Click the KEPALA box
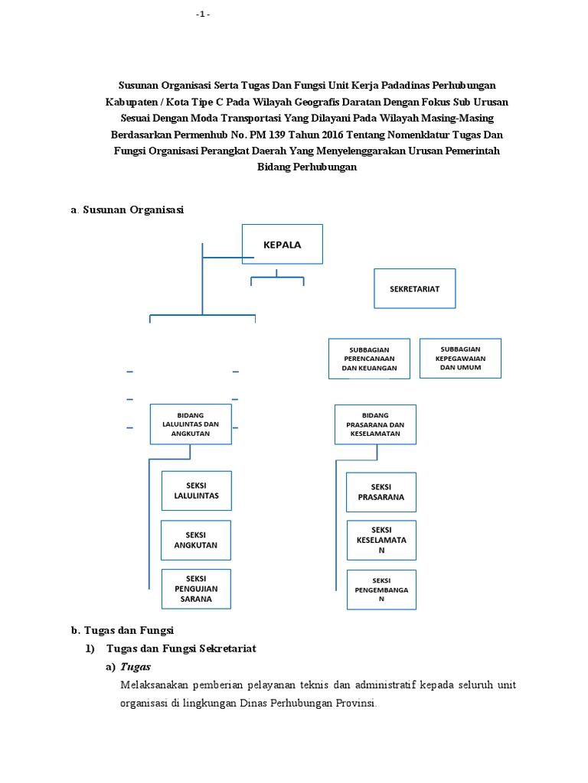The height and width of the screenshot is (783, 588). click(283, 245)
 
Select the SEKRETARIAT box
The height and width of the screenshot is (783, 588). click(414, 289)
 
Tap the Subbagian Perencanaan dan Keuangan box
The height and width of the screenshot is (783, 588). click(369, 359)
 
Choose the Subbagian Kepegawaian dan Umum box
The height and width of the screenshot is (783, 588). click(460, 358)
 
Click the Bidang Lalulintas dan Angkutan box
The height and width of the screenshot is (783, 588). click(191, 424)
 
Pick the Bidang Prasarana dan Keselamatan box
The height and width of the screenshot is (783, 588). click(375, 424)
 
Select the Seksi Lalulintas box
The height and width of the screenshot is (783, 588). click(196, 491)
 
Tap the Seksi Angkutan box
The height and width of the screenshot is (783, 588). click(196, 540)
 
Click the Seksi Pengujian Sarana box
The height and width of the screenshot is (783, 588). click(196, 589)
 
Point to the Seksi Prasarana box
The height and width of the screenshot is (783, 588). click(381, 492)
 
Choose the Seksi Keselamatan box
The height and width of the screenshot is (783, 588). click(381, 540)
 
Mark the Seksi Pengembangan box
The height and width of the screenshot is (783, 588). click(381, 590)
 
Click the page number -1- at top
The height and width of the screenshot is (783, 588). click(202, 15)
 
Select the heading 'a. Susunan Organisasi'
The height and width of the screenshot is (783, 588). click(127, 209)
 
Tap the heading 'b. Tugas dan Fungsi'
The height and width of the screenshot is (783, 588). click(122, 630)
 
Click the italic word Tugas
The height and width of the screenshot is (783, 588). click(136, 667)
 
